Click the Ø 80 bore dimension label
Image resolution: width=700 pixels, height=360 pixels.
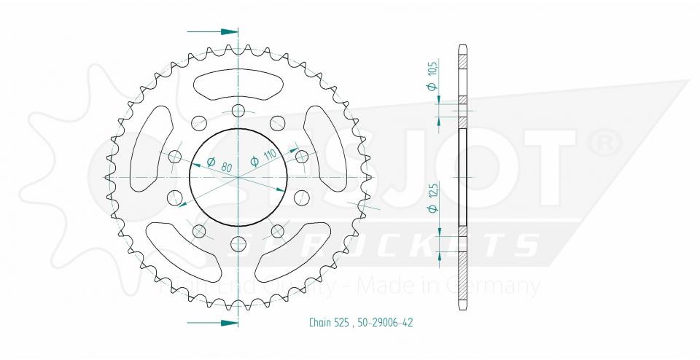click(219, 165)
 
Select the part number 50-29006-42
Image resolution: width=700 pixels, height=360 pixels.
click(386, 322)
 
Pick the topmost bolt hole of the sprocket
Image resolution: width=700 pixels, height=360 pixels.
click(238, 111)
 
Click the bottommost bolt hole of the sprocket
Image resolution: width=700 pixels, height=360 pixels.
click(238, 243)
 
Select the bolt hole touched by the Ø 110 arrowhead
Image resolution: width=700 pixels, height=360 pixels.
click(301, 155)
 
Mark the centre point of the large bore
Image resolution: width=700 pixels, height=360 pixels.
click(238, 177)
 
